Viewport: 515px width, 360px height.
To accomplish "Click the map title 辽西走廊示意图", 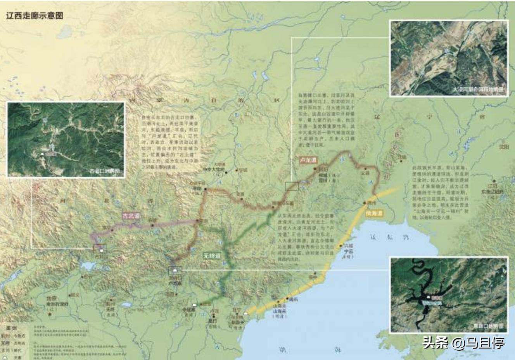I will pyautogui.click(x=35, y=16).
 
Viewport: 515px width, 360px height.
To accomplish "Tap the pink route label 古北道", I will pyautogui.click(x=131, y=216).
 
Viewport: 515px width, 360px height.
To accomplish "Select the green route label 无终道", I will pyautogui.click(x=212, y=256).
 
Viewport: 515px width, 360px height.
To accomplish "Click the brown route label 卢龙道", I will pyautogui.click(x=308, y=160).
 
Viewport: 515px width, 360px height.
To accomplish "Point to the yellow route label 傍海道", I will pyautogui.click(x=374, y=213).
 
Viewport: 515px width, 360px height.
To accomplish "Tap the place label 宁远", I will pyautogui.click(x=347, y=251).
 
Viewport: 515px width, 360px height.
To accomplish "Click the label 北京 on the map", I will pyautogui.click(x=52, y=298).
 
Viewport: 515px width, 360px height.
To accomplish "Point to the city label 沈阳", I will pyautogui.click(x=504, y=147).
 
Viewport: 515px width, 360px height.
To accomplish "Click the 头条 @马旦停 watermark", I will pyautogui.click(x=463, y=343).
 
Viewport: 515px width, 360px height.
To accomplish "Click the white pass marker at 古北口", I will pyautogui.click(x=101, y=251).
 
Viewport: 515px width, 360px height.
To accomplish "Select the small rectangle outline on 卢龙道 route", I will pyautogui.click(x=292, y=187).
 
